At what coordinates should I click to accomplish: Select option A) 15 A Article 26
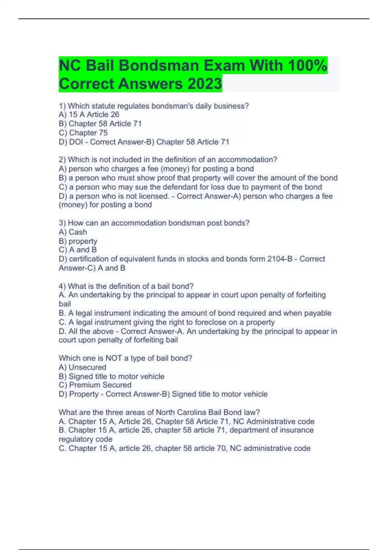[89, 115]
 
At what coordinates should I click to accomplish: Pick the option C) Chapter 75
[83, 133]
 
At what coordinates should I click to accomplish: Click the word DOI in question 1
[76, 142]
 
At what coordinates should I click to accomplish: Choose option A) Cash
[73, 232]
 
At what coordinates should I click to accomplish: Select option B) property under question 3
[78, 241]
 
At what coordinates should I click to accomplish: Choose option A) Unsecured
[82, 367]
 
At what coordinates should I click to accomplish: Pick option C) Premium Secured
[95, 385]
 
